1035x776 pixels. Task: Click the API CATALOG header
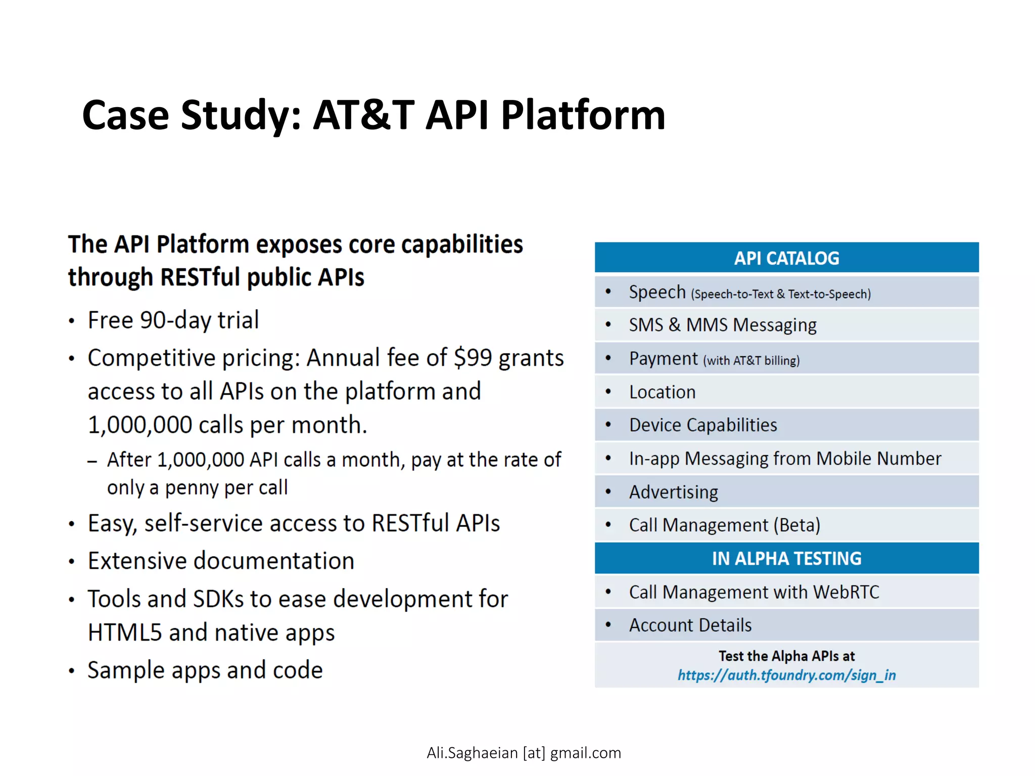[x=786, y=258]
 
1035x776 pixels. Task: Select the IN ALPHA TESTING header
[x=786, y=558]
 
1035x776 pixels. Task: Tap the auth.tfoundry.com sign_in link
[x=786, y=675]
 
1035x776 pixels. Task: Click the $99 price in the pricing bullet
[x=473, y=358]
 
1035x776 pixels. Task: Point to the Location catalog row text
[x=662, y=392]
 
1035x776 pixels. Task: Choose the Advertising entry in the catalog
[x=673, y=492]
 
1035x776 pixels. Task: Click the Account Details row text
[x=690, y=625]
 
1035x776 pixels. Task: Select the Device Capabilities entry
[x=703, y=425]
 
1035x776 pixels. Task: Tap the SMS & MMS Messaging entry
[x=723, y=325]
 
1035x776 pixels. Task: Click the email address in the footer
[x=524, y=753]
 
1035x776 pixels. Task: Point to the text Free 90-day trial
[x=173, y=320]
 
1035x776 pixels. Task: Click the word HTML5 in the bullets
[x=125, y=633]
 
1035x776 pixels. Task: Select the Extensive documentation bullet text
[x=221, y=561]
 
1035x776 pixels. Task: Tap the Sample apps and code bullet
[x=205, y=670]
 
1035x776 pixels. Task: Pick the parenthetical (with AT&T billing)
[x=751, y=361]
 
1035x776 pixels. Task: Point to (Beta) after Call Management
[x=796, y=525]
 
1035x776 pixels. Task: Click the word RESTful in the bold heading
[x=200, y=277]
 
